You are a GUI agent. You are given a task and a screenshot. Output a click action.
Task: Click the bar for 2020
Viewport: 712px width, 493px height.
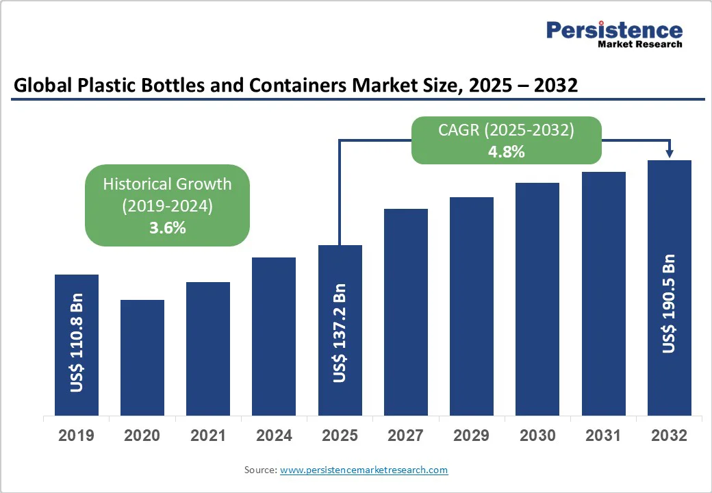click(142, 357)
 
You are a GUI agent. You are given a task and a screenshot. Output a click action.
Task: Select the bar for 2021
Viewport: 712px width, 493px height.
click(208, 349)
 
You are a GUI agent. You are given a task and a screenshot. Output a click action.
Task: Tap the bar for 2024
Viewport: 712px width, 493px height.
click(274, 336)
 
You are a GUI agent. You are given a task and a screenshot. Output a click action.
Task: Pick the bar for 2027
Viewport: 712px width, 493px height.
click(406, 312)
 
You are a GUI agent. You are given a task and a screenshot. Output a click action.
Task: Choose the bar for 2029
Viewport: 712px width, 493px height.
click(472, 306)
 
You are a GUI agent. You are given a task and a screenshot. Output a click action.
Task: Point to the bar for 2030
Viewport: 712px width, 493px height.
click(537, 299)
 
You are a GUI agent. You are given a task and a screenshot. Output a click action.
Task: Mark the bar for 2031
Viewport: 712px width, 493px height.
click(604, 294)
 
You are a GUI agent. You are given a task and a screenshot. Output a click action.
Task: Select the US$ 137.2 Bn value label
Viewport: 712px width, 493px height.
click(340, 333)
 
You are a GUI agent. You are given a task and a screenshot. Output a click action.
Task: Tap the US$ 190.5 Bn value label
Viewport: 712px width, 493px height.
click(669, 304)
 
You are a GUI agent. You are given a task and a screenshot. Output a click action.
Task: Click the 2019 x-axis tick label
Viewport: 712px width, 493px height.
click(77, 435)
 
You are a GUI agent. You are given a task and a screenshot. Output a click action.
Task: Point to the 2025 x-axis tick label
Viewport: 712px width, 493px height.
click(340, 435)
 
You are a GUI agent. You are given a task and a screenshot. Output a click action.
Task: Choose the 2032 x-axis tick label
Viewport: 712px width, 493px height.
click(669, 435)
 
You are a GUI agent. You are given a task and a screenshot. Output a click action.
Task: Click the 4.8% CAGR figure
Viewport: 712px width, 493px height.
click(506, 152)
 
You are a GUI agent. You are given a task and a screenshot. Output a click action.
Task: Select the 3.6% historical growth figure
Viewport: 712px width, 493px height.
click(167, 228)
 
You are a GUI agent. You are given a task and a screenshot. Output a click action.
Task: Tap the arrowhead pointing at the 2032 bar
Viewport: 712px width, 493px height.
click(669, 154)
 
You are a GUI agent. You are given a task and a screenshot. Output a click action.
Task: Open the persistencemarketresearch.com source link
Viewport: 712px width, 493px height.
click(364, 470)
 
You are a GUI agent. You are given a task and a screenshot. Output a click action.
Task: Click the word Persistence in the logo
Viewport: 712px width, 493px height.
click(614, 31)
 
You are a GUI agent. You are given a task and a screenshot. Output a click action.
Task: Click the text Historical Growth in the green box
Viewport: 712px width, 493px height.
click(167, 184)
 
